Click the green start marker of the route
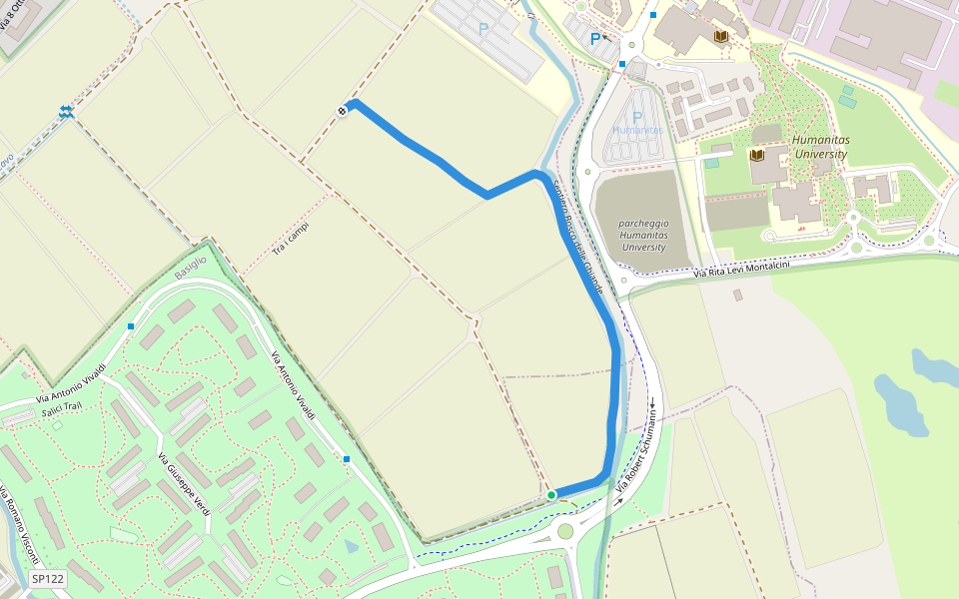[x=551, y=494]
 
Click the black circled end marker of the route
[x=343, y=111]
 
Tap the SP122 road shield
[x=47, y=578]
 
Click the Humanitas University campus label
[x=819, y=148]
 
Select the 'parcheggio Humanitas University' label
[x=642, y=235]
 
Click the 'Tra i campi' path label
[x=291, y=237]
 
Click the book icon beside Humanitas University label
[x=756, y=155]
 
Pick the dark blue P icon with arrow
[x=596, y=40]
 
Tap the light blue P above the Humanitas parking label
[x=637, y=117]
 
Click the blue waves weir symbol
[x=66, y=111]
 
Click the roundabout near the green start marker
[x=565, y=531]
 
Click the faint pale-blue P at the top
[x=483, y=30]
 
